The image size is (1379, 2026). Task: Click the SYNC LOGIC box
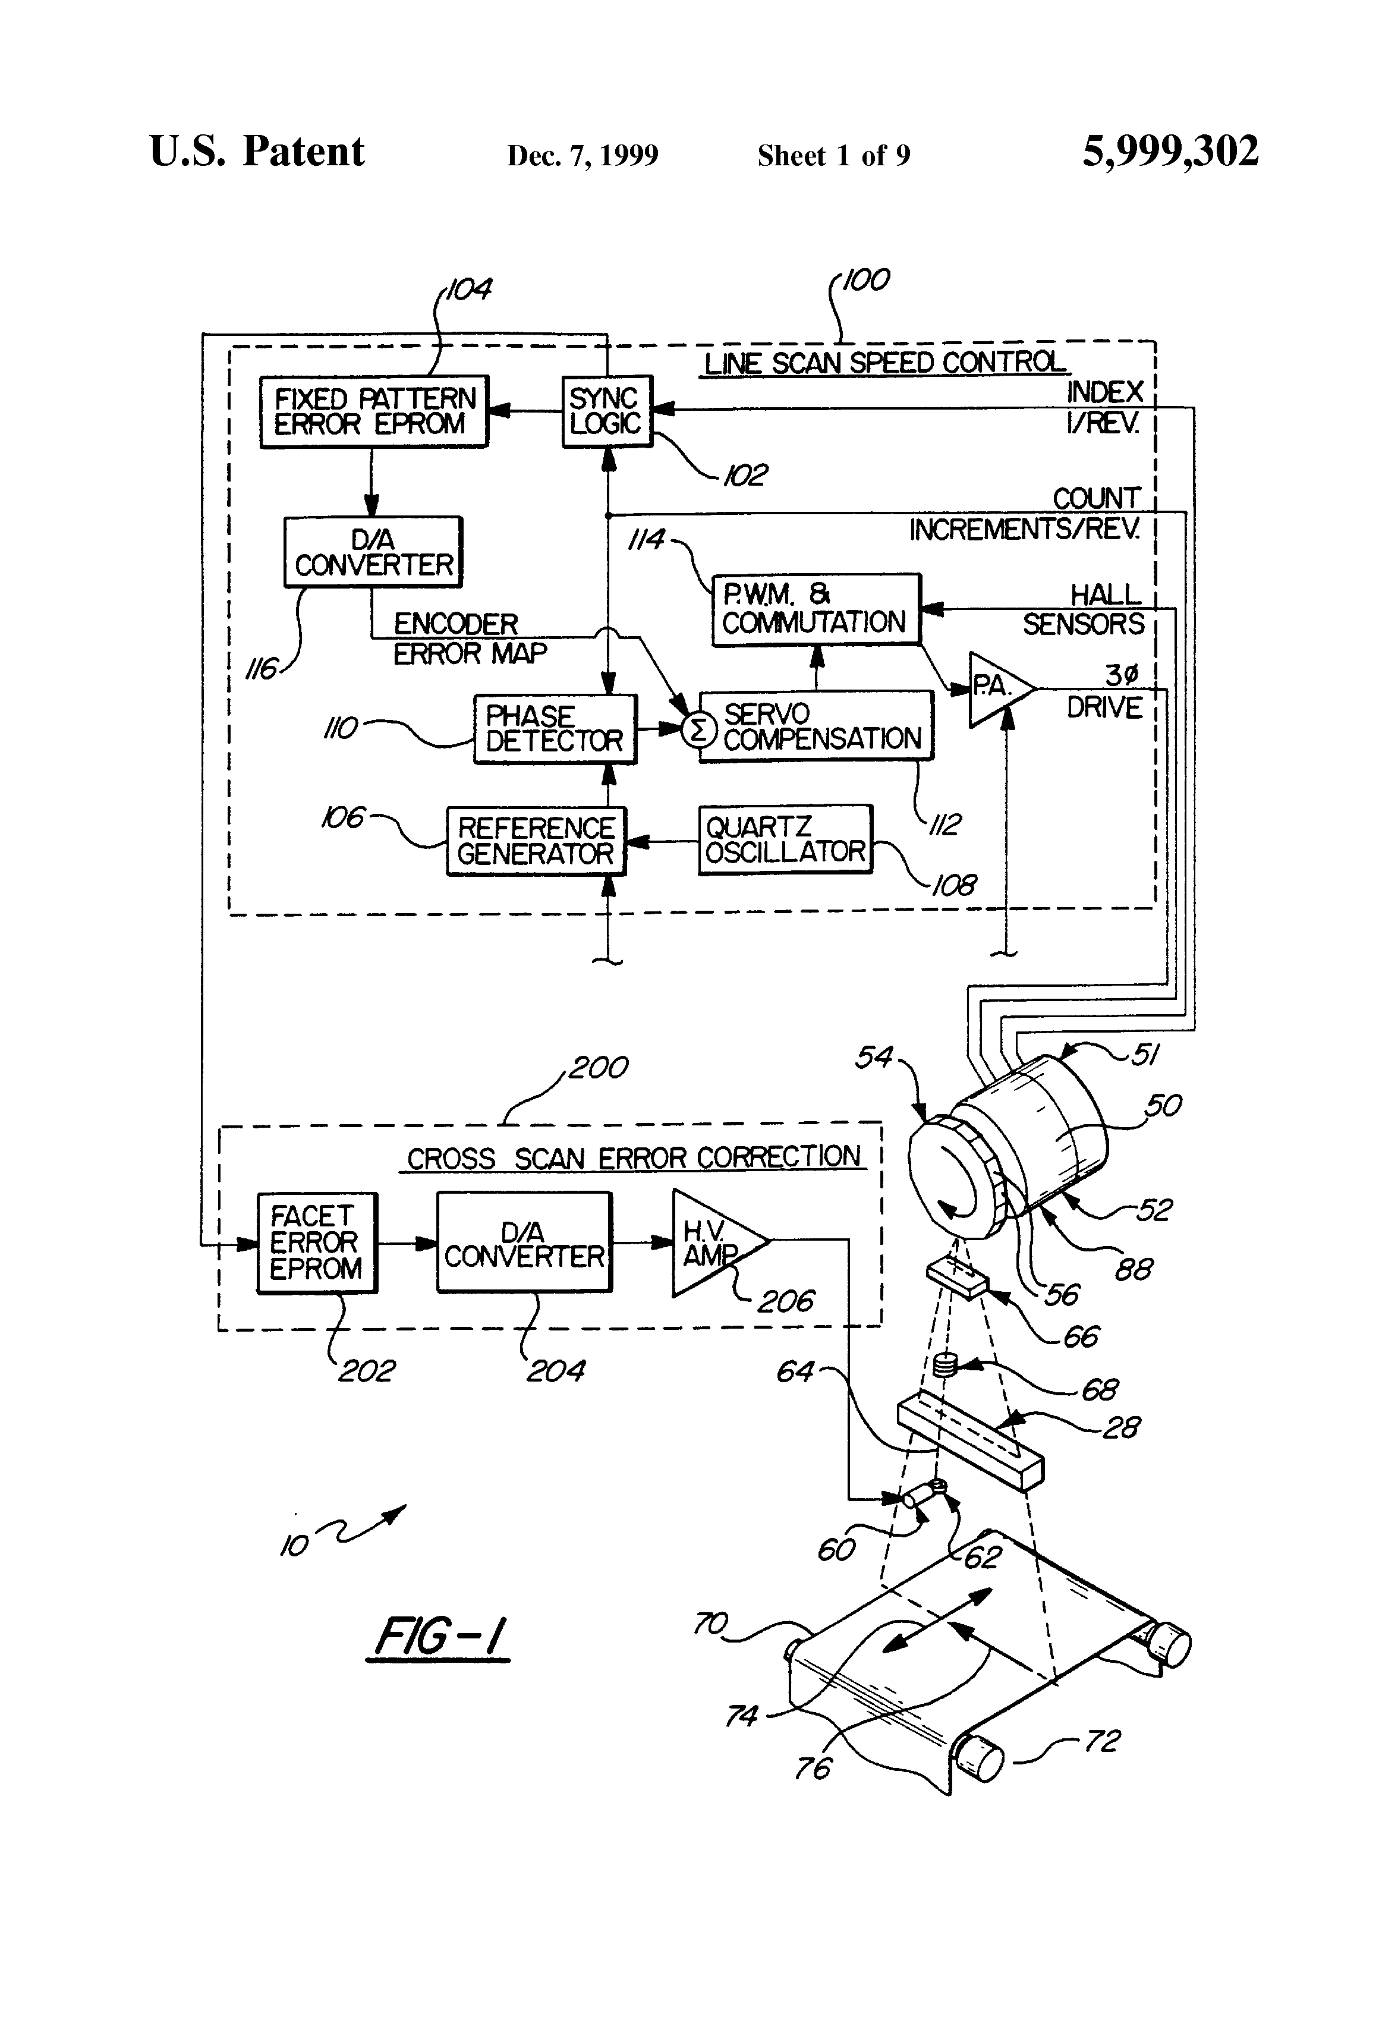[607, 411]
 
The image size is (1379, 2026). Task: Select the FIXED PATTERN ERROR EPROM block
[374, 411]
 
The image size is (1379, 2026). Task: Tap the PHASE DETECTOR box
[555, 729]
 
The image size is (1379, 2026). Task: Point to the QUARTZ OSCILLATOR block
[785, 839]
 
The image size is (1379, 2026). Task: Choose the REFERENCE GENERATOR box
[535, 841]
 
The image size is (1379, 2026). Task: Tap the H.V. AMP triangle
[713, 1243]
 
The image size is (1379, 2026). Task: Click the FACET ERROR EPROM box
[316, 1242]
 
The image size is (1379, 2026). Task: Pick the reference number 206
[785, 1301]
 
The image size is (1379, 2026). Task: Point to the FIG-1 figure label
[440, 1637]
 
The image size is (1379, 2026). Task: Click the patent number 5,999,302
[1170, 152]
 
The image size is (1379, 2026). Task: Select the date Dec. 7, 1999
[583, 156]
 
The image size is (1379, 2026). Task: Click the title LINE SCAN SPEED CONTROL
[884, 363]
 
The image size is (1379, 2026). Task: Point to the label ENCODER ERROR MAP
[468, 638]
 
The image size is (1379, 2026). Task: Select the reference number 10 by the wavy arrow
[294, 1546]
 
